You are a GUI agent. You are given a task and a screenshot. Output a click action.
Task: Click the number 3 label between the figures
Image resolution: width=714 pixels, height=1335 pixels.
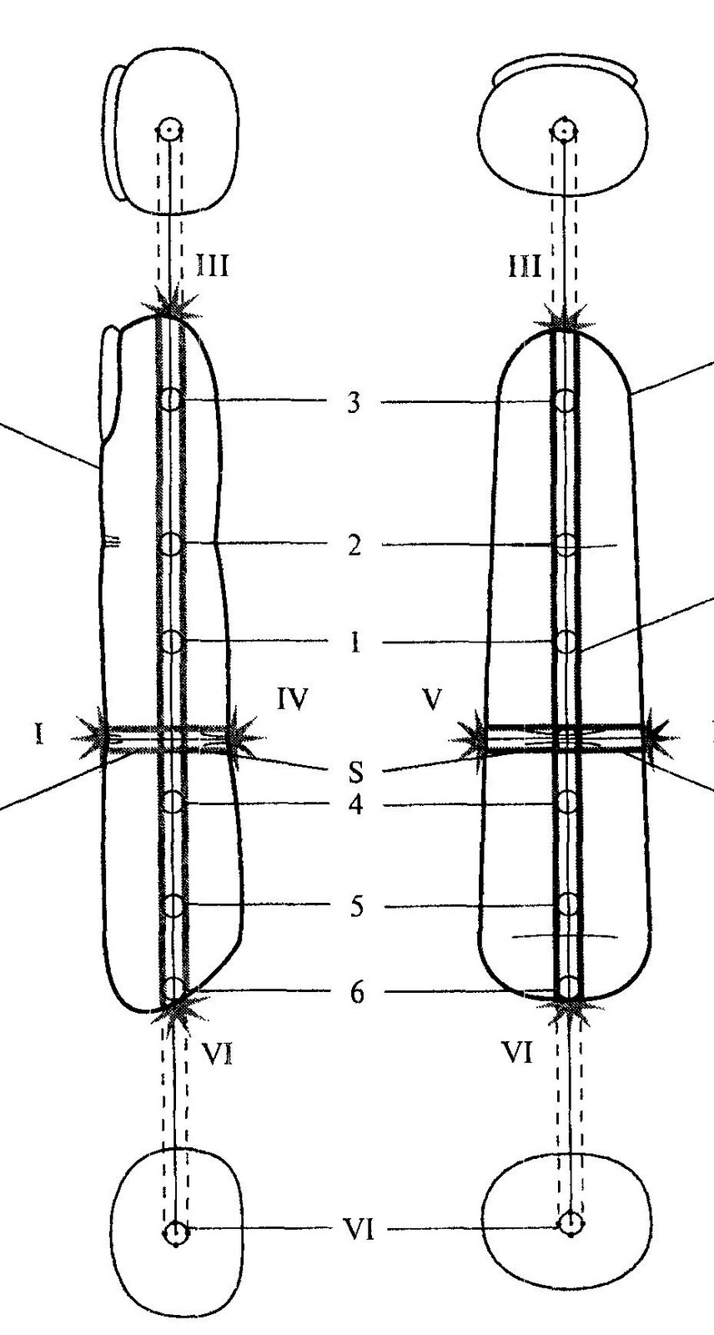tap(354, 403)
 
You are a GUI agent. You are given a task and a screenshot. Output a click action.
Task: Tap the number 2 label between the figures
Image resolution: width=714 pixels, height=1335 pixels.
tap(354, 547)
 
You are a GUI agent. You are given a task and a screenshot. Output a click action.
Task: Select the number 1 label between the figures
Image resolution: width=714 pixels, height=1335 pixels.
tap(355, 643)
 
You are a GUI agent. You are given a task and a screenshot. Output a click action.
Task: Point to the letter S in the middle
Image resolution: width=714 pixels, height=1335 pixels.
tap(356, 772)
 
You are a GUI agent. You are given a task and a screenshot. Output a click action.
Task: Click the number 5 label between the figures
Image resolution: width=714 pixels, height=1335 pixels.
tap(356, 907)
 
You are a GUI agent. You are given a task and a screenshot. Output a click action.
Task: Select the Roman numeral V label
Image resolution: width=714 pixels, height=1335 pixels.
tap(431, 699)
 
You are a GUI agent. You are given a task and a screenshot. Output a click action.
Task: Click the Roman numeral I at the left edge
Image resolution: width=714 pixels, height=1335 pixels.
tap(38, 735)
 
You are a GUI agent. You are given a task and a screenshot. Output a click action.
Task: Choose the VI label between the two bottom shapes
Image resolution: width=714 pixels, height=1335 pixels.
tap(359, 1229)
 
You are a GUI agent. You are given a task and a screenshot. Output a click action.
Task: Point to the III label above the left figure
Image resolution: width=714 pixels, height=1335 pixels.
tap(212, 266)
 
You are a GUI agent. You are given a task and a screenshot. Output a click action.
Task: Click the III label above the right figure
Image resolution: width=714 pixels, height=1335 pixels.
tap(525, 267)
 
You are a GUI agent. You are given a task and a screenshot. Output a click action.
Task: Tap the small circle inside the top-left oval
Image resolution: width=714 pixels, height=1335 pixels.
tap(170, 129)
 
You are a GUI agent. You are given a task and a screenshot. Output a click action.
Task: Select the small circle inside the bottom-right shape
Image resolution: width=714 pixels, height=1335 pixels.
tap(571, 1224)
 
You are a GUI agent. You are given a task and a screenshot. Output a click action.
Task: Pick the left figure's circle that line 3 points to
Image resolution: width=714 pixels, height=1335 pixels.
tap(171, 400)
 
